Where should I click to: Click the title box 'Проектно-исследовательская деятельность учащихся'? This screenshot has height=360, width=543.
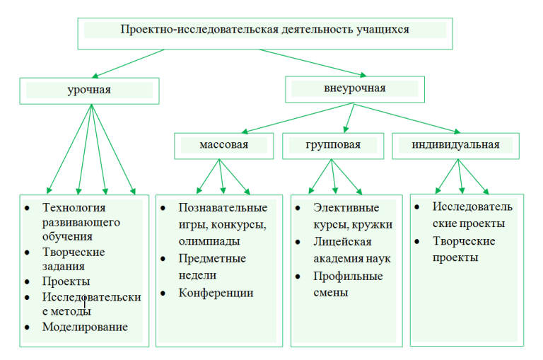[264, 31]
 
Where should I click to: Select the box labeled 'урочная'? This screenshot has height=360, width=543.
[89, 90]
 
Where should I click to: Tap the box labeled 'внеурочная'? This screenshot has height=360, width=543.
[354, 88]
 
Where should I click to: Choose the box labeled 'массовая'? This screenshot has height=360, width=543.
[223, 145]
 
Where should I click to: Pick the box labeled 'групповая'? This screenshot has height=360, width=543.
[333, 145]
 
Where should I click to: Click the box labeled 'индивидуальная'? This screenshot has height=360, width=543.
[455, 145]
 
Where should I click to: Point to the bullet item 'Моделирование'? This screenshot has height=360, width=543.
[85, 327]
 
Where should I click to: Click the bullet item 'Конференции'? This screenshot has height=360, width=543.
[216, 292]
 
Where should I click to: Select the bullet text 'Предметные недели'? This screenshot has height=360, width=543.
[212, 267]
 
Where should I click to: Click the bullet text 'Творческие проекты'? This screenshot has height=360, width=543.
[463, 249]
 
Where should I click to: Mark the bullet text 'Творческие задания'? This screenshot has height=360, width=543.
[74, 259]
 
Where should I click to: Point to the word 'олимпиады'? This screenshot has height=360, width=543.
[208, 241]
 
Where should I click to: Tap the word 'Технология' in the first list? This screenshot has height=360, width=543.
[74, 207]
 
